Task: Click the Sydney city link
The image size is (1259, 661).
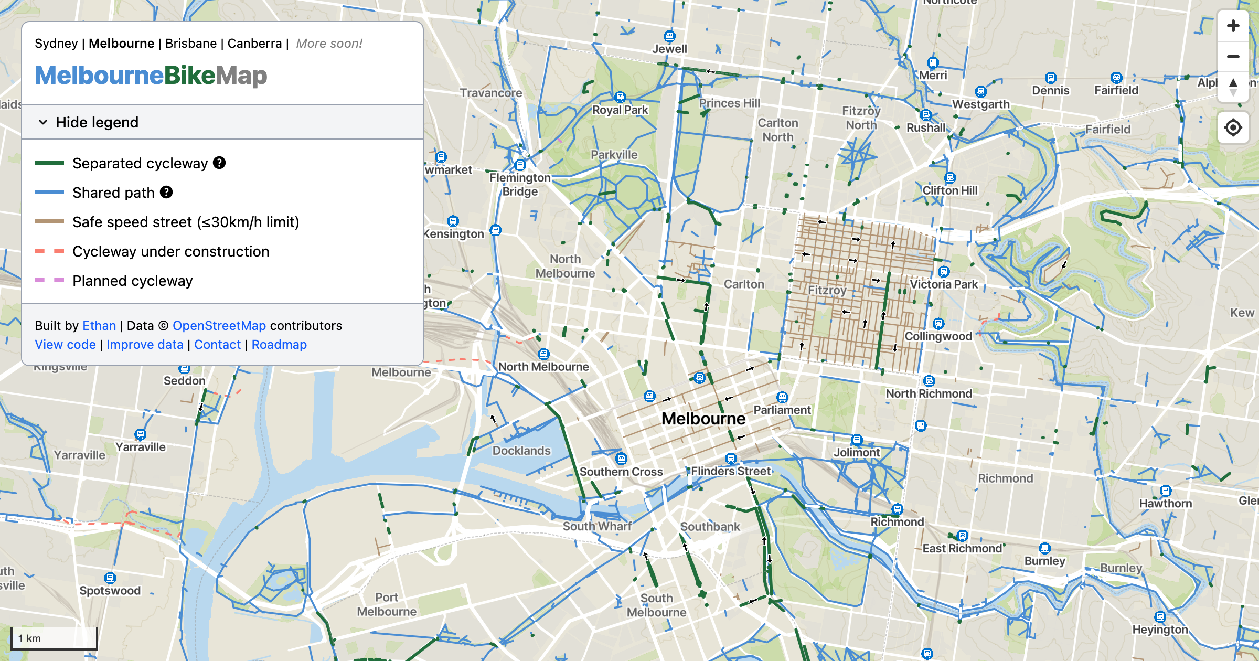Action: (x=56, y=44)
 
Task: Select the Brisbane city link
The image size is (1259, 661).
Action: (x=191, y=44)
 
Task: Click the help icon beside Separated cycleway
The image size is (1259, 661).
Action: (x=219, y=163)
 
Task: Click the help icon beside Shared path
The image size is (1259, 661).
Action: (x=166, y=193)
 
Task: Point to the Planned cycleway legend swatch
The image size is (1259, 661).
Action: (x=49, y=281)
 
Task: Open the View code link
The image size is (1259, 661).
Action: (x=65, y=345)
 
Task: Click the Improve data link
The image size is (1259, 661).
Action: (x=145, y=345)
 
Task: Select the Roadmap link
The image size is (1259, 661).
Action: (x=279, y=345)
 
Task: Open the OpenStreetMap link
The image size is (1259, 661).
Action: (x=219, y=326)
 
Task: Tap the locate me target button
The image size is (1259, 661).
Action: (x=1233, y=127)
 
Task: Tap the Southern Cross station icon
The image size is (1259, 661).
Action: (x=621, y=459)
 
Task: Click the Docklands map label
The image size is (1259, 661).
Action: (x=521, y=451)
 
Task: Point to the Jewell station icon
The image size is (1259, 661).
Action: (x=669, y=36)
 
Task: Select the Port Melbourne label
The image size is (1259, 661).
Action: (x=387, y=604)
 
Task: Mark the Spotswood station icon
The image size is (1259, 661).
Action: (x=110, y=578)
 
